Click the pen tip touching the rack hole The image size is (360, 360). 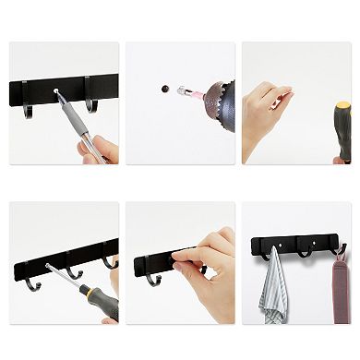click(x=57, y=92)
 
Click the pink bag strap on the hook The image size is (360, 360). click(x=342, y=286)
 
